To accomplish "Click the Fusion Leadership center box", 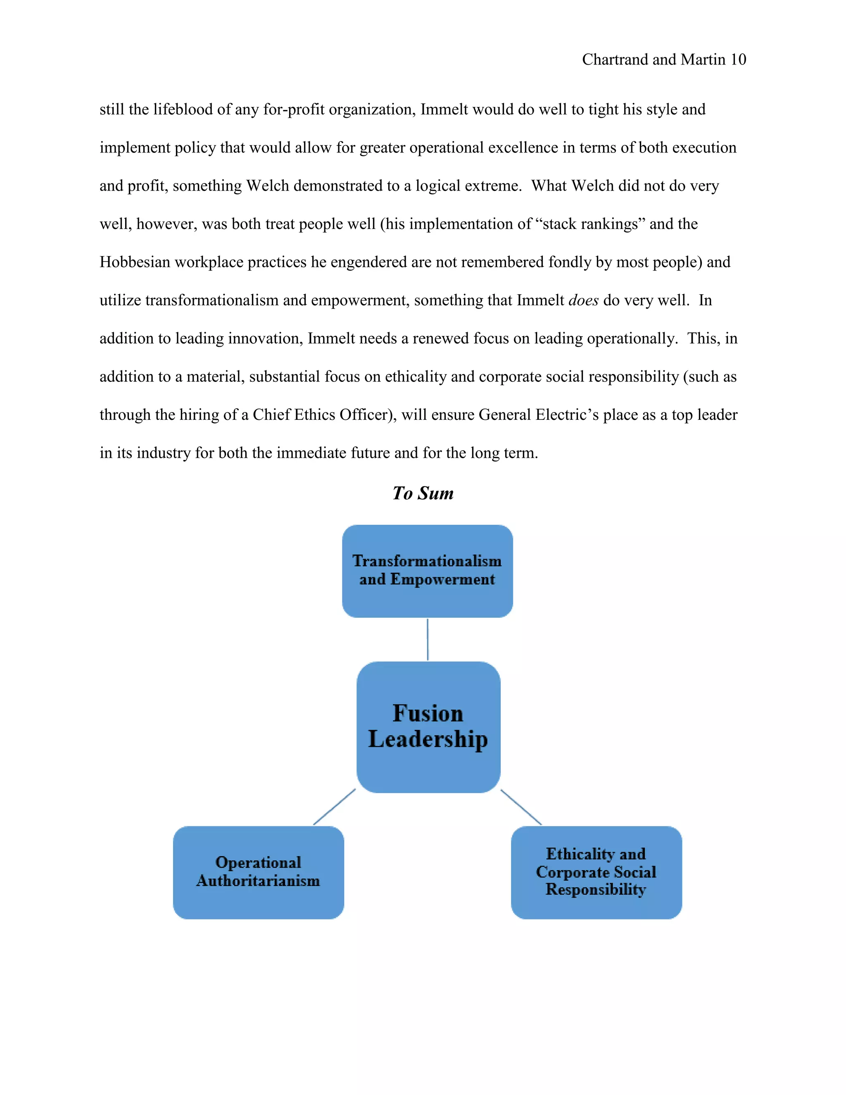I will (x=428, y=726).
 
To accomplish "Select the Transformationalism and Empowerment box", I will (x=427, y=571).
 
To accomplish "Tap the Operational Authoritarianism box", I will (x=258, y=872).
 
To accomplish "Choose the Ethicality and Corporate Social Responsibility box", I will (x=596, y=872).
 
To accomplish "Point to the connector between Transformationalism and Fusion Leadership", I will (x=428, y=639).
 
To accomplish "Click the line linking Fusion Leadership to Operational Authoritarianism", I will (x=334, y=807).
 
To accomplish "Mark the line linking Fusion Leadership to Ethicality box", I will (x=521, y=807).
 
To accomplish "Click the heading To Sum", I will (x=423, y=493).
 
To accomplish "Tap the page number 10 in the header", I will (x=738, y=60).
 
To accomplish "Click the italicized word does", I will (x=583, y=300).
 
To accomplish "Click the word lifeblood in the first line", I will (x=183, y=110).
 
